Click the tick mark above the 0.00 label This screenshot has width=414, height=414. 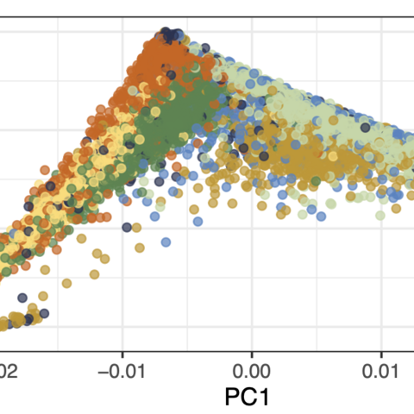pyautogui.click(x=251, y=354)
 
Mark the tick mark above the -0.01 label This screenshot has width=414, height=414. pyautogui.click(x=122, y=354)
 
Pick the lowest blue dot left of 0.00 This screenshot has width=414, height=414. pyautogui.click(x=198, y=220)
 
